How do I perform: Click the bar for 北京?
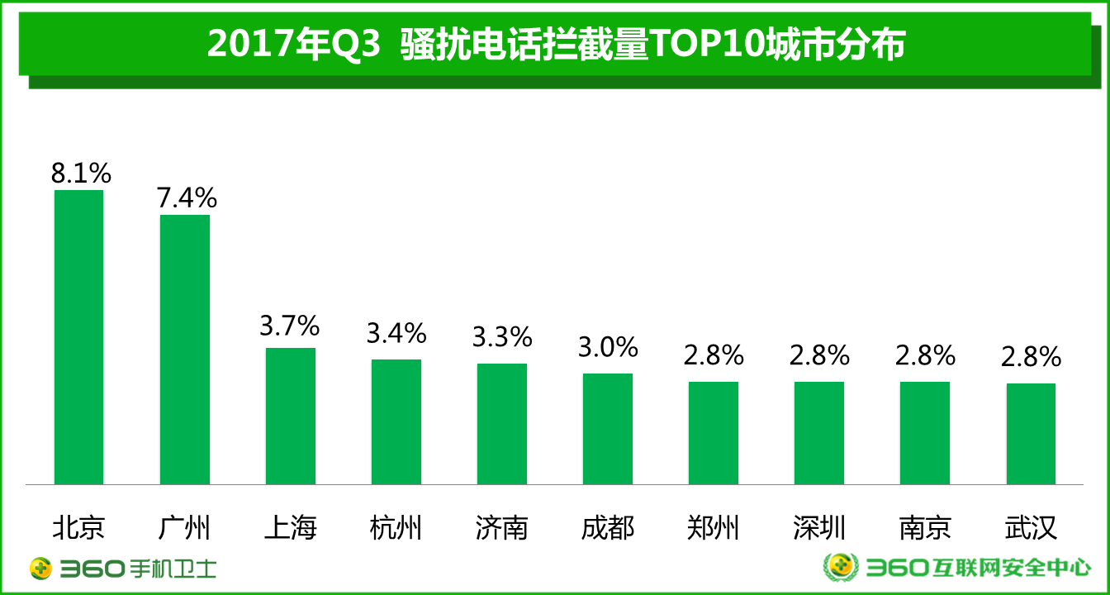tap(78, 337)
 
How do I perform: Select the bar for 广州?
tap(184, 350)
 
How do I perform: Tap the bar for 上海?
tap(290, 416)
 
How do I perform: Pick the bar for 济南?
tap(501, 423)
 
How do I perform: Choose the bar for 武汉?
tap(1031, 433)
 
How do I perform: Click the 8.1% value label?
tap(80, 173)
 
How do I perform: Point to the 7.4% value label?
tap(187, 198)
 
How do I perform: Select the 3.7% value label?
tap(289, 326)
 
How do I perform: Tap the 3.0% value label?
tap(608, 347)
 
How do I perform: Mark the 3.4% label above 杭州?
tap(396, 333)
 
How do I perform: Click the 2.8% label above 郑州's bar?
tap(714, 355)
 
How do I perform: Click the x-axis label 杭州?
tap(396, 527)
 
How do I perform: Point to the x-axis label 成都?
tap(608, 527)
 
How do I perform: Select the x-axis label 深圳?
tap(819, 527)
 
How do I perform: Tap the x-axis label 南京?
tap(925, 527)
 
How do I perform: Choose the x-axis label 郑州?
tap(714, 527)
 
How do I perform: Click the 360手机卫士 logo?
tap(124, 569)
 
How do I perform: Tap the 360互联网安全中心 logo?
tap(958, 567)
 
